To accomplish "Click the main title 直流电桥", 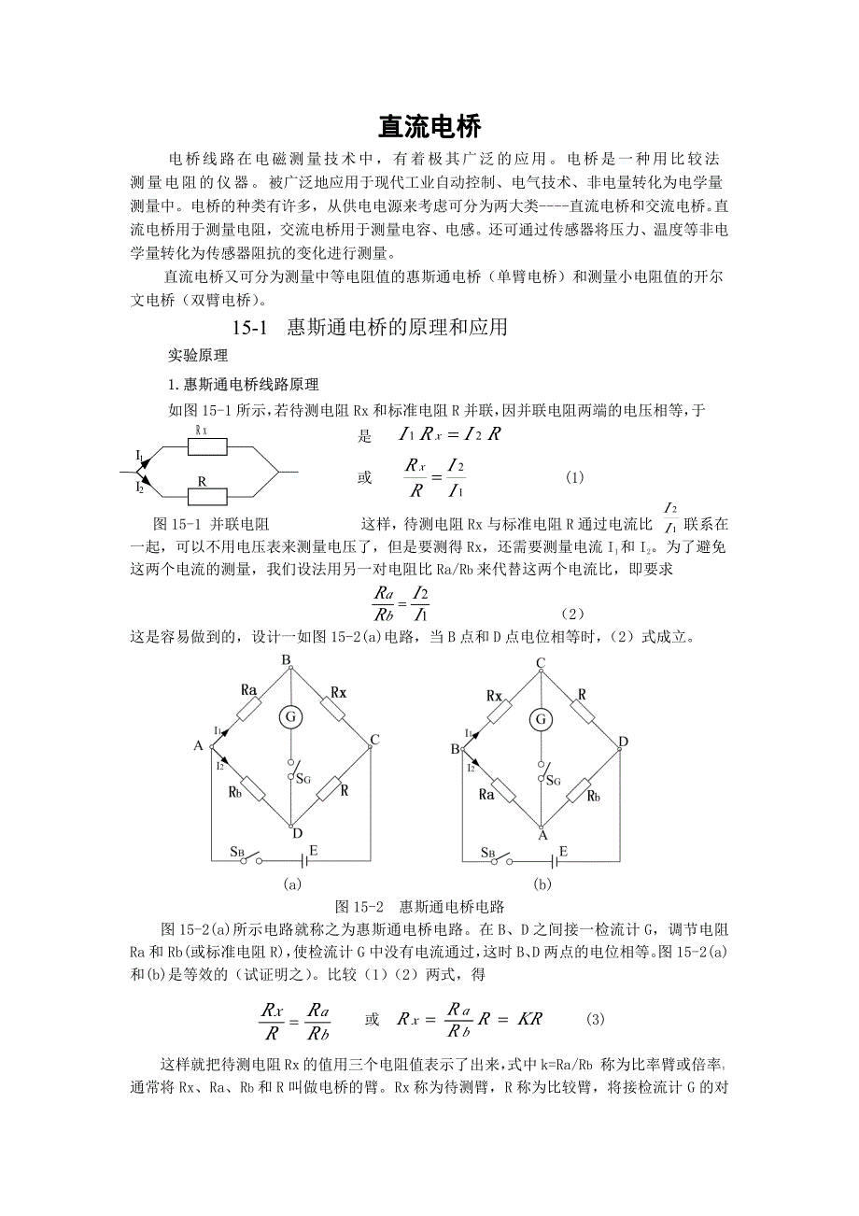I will pos(429,125).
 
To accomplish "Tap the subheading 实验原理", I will pos(191,356).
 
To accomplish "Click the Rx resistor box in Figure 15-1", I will pos(207,446).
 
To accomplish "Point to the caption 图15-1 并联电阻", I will pos(210,523).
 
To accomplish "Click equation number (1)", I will pos(574,477).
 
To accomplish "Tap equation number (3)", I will pos(596,1019).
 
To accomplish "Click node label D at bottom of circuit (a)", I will pos(296,833).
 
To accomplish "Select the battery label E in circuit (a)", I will pos(313,850).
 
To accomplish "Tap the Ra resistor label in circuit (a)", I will pos(248,689).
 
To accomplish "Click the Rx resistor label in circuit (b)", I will pos(495,696).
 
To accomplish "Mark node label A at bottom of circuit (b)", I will pos(542,836).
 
